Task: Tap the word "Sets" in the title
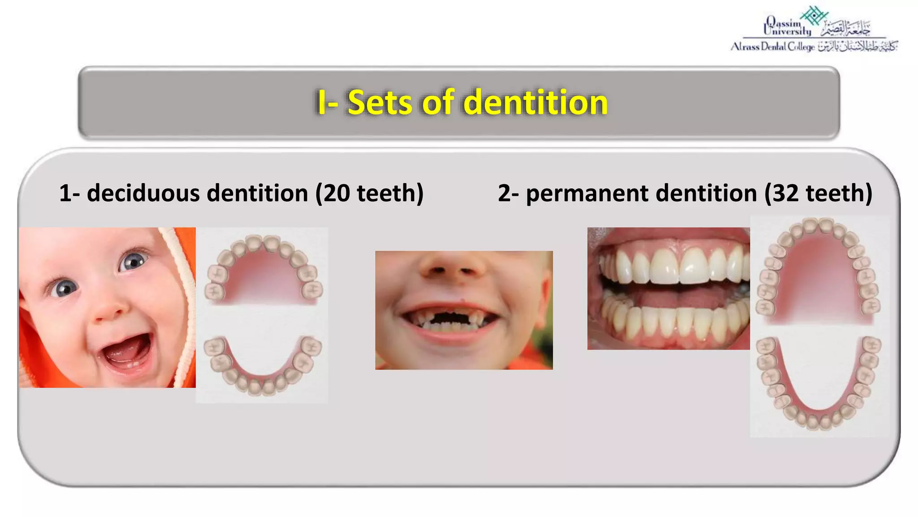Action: [379, 102]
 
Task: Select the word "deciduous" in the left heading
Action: [143, 193]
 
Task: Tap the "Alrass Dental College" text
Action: [772, 47]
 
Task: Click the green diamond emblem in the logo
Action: [814, 15]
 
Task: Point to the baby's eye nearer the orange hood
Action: [133, 260]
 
